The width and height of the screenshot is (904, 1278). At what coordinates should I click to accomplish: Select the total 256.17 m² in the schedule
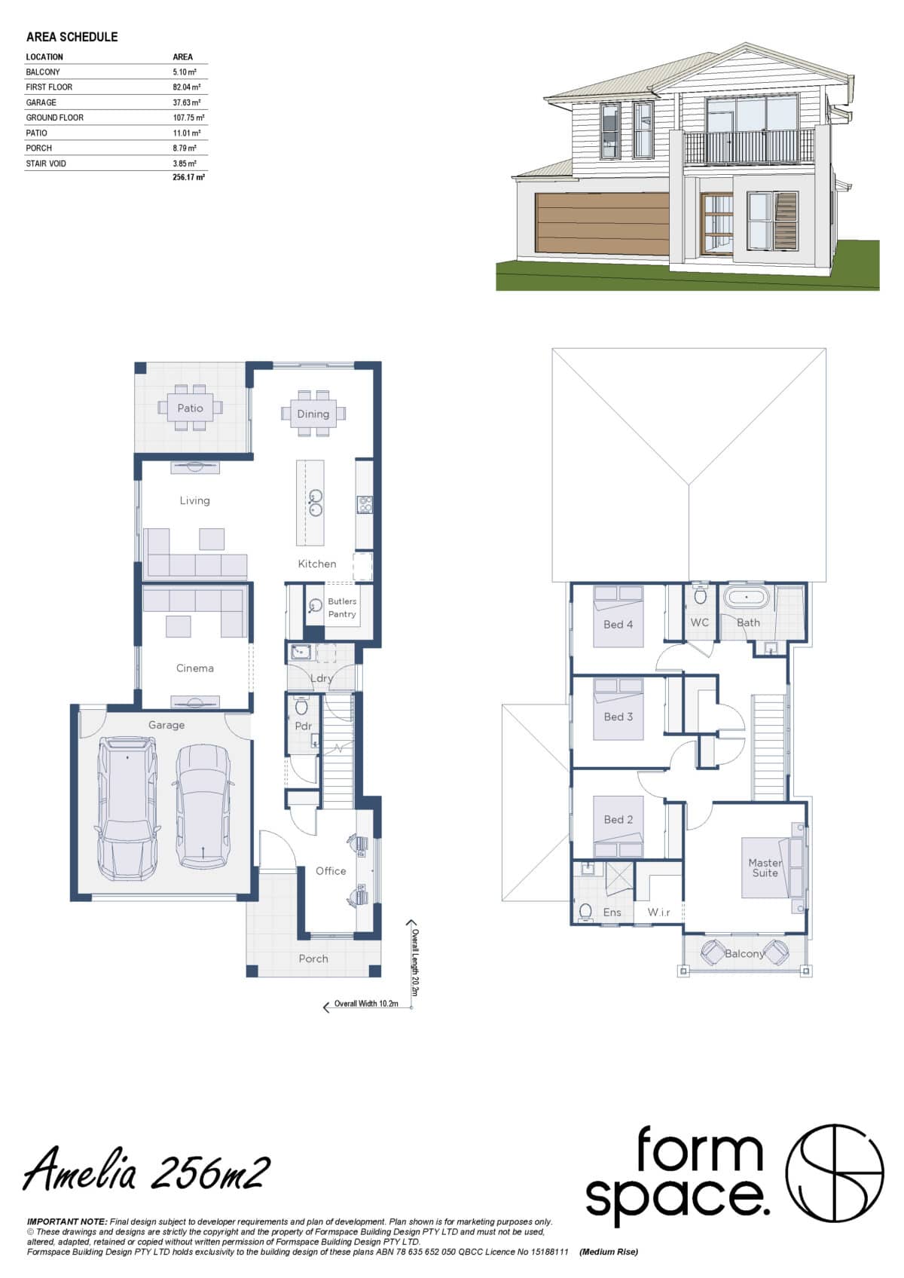(x=188, y=178)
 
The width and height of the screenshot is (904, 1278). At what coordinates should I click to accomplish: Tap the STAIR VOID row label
(x=46, y=164)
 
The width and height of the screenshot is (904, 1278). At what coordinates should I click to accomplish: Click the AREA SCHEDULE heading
(x=72, y=37)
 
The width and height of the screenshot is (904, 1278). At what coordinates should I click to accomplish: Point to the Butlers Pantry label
(x=342, y=607)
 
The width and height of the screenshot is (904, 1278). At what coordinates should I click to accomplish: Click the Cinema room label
(x=194, y=668)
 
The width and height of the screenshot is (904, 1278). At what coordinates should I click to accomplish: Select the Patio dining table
(x=190, y=408)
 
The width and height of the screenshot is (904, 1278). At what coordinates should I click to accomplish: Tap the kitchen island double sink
(x=315, y=503)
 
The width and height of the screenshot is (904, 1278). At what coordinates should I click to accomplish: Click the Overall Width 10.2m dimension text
(x=366, y=1004)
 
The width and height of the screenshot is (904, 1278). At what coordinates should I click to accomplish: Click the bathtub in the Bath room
(x=746, y=598)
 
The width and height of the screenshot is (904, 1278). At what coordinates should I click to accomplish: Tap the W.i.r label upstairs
(x=658, y=913)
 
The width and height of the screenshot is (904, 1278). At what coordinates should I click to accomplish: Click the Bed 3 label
(x=618, y=717)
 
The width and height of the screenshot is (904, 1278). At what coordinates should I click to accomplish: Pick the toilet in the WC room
(x=700, y=596)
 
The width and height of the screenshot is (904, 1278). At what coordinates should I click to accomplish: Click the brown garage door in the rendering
(x=602, y=224)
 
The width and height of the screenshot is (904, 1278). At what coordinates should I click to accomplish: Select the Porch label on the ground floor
(x=313, y=958)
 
